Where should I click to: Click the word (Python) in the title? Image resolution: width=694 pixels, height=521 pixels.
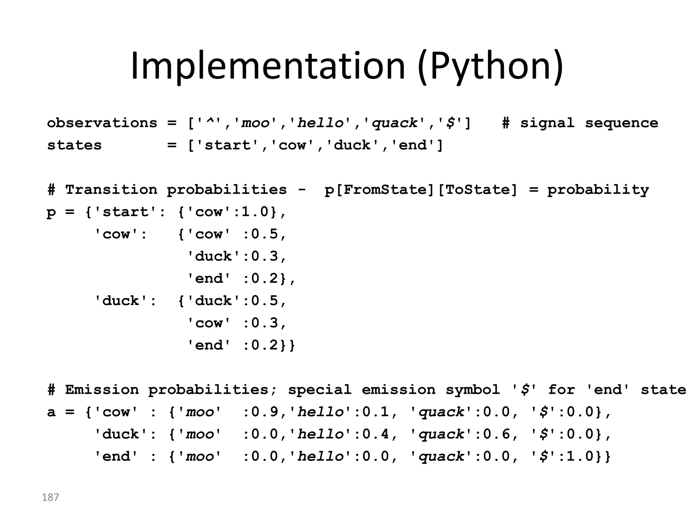490,66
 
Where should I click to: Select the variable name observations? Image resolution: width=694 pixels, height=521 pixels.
102,123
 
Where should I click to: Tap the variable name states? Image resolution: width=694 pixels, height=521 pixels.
74,145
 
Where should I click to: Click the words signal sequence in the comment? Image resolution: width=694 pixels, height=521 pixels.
589,123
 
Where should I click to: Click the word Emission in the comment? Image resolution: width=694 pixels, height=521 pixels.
102,390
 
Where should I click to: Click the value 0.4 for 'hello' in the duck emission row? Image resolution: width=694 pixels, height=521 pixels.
375,434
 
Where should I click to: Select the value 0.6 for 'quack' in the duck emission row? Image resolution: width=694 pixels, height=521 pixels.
496,434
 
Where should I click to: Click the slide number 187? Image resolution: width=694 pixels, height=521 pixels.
50,497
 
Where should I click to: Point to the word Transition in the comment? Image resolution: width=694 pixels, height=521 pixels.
111,190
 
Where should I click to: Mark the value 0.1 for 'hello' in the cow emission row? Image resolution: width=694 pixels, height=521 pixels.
375,412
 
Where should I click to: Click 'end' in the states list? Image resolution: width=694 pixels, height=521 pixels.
413,145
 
